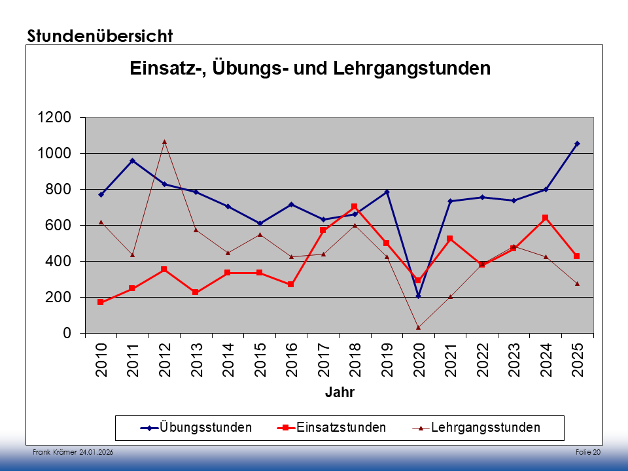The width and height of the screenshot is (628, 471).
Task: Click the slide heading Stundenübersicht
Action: (99, 35)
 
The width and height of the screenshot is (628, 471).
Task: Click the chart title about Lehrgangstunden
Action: (310, 68)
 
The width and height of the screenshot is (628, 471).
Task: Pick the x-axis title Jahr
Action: (339, 392)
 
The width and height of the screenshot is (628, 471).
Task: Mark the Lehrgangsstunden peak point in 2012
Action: (164, 141)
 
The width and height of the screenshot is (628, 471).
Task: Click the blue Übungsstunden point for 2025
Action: (577, 143)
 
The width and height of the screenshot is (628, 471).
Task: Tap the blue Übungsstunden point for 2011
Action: (133, 160)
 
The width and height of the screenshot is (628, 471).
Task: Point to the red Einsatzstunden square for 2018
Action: (355, 207)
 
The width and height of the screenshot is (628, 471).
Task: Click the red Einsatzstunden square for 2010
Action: (101, 302)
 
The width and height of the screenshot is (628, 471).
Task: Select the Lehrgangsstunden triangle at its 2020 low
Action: (419, 327)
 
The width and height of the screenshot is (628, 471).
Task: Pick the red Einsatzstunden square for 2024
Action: (545, 218)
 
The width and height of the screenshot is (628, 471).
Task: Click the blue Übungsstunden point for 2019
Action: (387, 192)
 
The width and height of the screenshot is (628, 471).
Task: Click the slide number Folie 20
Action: (588, 453)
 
